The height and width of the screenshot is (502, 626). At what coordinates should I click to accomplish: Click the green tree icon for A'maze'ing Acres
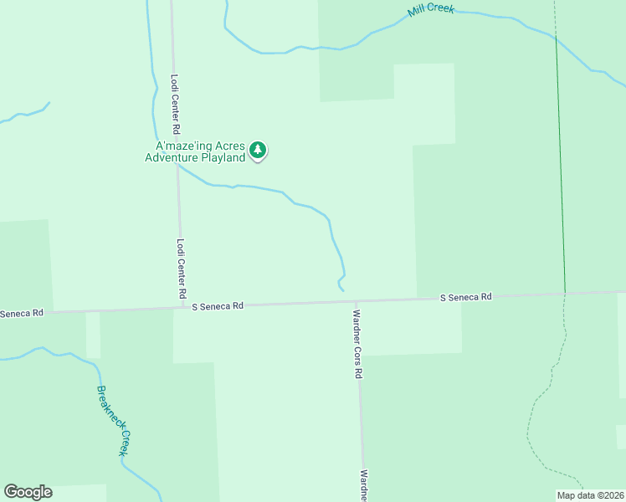pos(259,151)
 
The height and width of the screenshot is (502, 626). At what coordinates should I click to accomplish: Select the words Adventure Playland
pos(195,157)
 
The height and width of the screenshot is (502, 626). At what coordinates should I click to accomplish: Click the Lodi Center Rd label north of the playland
pos(176,105)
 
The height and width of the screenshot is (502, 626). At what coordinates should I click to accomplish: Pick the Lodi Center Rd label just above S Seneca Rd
pos(181,269)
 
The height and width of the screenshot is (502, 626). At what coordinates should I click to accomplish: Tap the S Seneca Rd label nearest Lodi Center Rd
pos(218,306)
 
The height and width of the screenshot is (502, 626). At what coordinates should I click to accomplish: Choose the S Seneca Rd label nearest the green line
pos(467,297)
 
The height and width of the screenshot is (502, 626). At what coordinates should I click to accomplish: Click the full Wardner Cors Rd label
pos(357,345)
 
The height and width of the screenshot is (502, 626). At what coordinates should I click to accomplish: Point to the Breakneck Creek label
pos(115,420)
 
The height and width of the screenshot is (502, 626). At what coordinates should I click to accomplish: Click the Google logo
pos(28,492)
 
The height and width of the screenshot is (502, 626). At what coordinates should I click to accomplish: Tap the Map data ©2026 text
pos(590,495)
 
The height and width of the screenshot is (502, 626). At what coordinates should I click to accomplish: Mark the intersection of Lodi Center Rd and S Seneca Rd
pos(182,307)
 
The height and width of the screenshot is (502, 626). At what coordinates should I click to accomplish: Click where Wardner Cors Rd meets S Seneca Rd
pos(357,302)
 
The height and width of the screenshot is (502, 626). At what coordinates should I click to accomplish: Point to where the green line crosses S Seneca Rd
pos(565,294)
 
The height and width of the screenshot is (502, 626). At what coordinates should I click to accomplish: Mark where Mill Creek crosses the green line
pos(556,37)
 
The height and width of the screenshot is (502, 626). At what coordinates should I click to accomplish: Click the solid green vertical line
pos(560,167)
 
